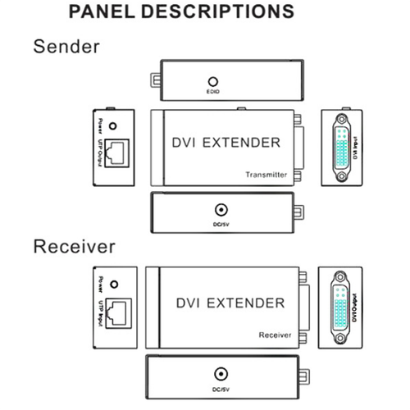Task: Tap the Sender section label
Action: pos(66,46)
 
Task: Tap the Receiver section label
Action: pos(74,246)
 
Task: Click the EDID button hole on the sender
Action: pos(213,82)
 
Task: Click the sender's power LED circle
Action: pos(113,129)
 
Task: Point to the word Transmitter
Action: pos(266,175)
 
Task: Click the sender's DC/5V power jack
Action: pos(220,211)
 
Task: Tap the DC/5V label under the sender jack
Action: pos(220,223)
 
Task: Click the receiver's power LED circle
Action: pos(113,285)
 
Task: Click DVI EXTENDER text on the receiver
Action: pos(230,303)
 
